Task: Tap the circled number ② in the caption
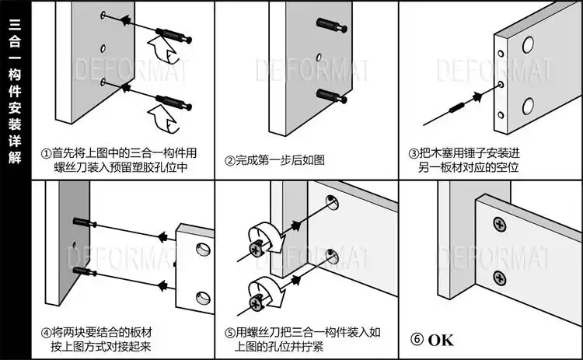(230, 160)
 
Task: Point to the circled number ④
(46, 332)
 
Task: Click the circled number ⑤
(230, 332)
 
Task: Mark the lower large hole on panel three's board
(528, 105)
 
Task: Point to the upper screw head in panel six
(497, 225)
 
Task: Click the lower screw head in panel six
(498, 276)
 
